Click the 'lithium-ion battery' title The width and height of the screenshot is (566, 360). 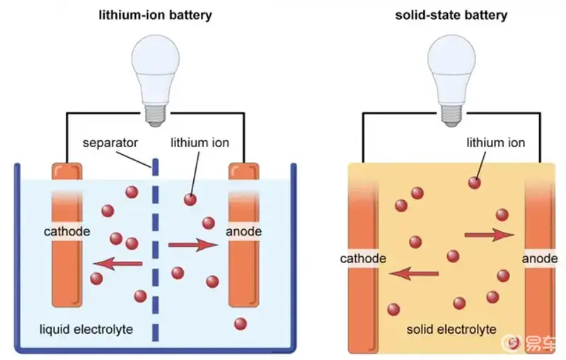(x=155, y=15)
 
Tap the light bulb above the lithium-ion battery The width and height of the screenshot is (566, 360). (x=155, y=67)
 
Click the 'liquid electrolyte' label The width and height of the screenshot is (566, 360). (x=86, y=330)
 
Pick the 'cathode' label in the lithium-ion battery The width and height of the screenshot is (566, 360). (x=67, y=231)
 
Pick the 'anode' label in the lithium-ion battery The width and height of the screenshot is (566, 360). (x=244, y=231)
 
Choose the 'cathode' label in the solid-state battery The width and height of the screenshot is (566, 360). (x=363, y=258)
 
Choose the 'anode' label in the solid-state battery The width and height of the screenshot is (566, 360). (x=540, y=258)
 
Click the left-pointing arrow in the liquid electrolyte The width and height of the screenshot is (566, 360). (x=117, y=264)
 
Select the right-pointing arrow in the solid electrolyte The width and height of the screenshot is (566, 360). (x=489, y=234)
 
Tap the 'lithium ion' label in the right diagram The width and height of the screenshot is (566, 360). (x=496, y=143)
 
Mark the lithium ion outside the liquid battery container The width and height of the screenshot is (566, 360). (x=241, y=324)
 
